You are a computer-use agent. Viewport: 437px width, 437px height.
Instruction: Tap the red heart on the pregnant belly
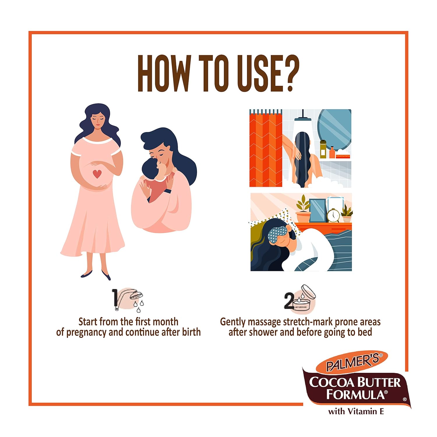(97, 174)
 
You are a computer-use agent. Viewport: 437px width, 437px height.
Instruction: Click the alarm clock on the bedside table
(333, 215)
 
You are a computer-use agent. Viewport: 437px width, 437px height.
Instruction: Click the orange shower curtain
(266, 149)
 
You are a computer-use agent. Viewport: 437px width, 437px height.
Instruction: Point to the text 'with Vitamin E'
(356, 411)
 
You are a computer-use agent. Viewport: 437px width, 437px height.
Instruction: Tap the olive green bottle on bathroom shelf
(323, 149)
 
